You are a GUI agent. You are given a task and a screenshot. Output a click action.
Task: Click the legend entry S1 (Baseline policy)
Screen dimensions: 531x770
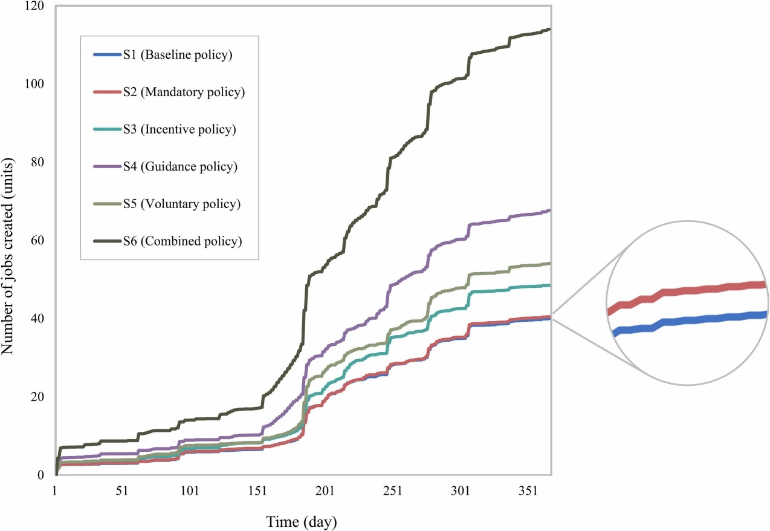tap(178, 56)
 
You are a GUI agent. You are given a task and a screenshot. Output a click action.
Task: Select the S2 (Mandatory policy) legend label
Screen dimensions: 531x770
tap(183, 93)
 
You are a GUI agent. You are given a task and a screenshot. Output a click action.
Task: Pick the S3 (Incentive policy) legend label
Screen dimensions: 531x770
tap(180, 129)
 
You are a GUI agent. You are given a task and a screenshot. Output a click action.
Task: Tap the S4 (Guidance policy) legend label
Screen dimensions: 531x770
tap(180, 166)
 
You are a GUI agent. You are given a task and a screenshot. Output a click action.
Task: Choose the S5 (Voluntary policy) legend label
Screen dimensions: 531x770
tap(182, 204)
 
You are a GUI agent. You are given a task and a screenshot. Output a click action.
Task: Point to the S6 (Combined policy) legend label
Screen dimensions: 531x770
tap(183, 241)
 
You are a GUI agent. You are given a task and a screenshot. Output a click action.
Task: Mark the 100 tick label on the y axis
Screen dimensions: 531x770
tap(37, 84)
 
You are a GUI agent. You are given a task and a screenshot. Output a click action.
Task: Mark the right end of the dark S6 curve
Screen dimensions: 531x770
tap(548, 29)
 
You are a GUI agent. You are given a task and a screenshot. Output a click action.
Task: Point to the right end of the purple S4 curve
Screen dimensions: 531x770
tap(548, 210)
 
